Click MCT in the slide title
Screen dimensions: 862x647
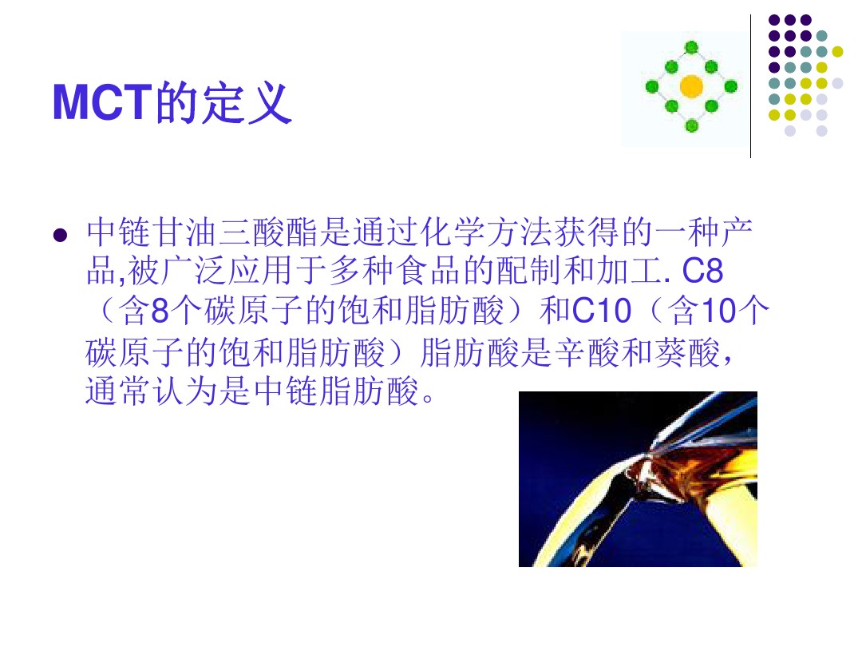101,102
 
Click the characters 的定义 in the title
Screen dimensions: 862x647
223,102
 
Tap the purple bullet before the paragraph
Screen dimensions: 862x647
60,236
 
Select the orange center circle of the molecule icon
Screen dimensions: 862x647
691,86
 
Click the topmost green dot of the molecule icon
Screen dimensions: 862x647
691,47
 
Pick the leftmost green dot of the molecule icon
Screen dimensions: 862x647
652,86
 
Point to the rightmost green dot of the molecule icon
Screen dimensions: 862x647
730,86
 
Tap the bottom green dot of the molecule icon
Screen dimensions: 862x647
691,126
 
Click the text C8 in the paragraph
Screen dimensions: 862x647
702,271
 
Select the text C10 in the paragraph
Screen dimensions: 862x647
602,311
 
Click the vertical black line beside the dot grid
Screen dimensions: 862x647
750,86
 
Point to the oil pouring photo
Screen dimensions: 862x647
638,478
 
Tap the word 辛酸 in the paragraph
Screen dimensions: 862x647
587,352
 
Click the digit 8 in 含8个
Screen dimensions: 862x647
160,311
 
